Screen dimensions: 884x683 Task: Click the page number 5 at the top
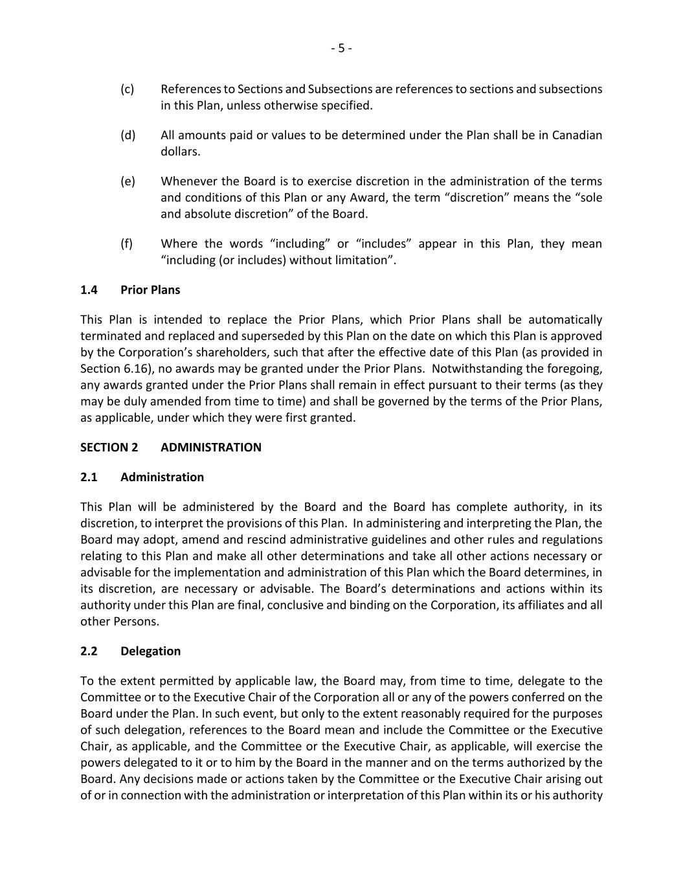[341, 48]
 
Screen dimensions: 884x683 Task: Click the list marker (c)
[127, 89]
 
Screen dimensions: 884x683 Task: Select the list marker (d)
[128, 135]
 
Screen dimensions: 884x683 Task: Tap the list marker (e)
[128, 181]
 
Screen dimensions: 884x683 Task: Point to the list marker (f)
[126, 244]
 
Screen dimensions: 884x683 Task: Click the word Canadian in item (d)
[577, 135]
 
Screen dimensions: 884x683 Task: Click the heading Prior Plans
[150, 289]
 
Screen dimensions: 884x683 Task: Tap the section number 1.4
[89, 289]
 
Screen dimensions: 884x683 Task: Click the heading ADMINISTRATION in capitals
[211, 447]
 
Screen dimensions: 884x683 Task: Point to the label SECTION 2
[109, 447]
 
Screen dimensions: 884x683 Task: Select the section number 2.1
[89, 477]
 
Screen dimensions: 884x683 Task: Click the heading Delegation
[150, 651]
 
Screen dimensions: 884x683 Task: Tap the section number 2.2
[89, 651]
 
